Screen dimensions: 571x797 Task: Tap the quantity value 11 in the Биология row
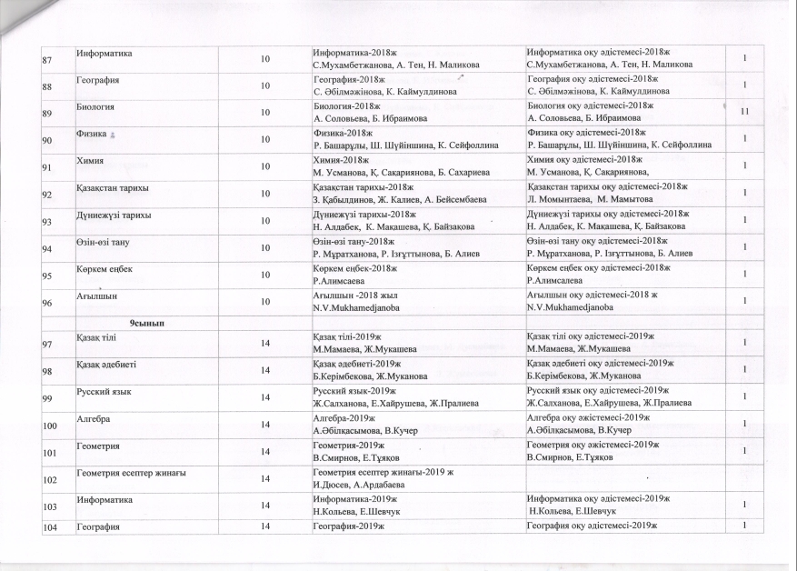click(743, 112)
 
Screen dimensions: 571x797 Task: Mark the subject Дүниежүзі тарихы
click(114, 214)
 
